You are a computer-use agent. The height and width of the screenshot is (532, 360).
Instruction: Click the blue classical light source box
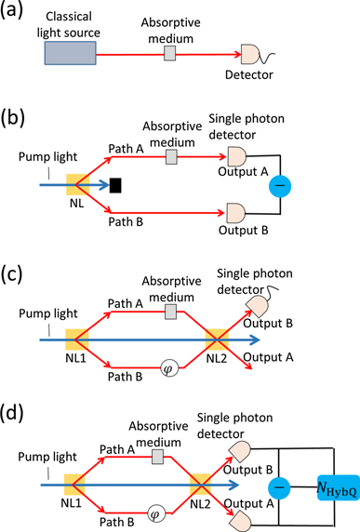(68, 54)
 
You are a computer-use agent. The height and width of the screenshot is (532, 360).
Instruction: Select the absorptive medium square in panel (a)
(170, 54)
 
